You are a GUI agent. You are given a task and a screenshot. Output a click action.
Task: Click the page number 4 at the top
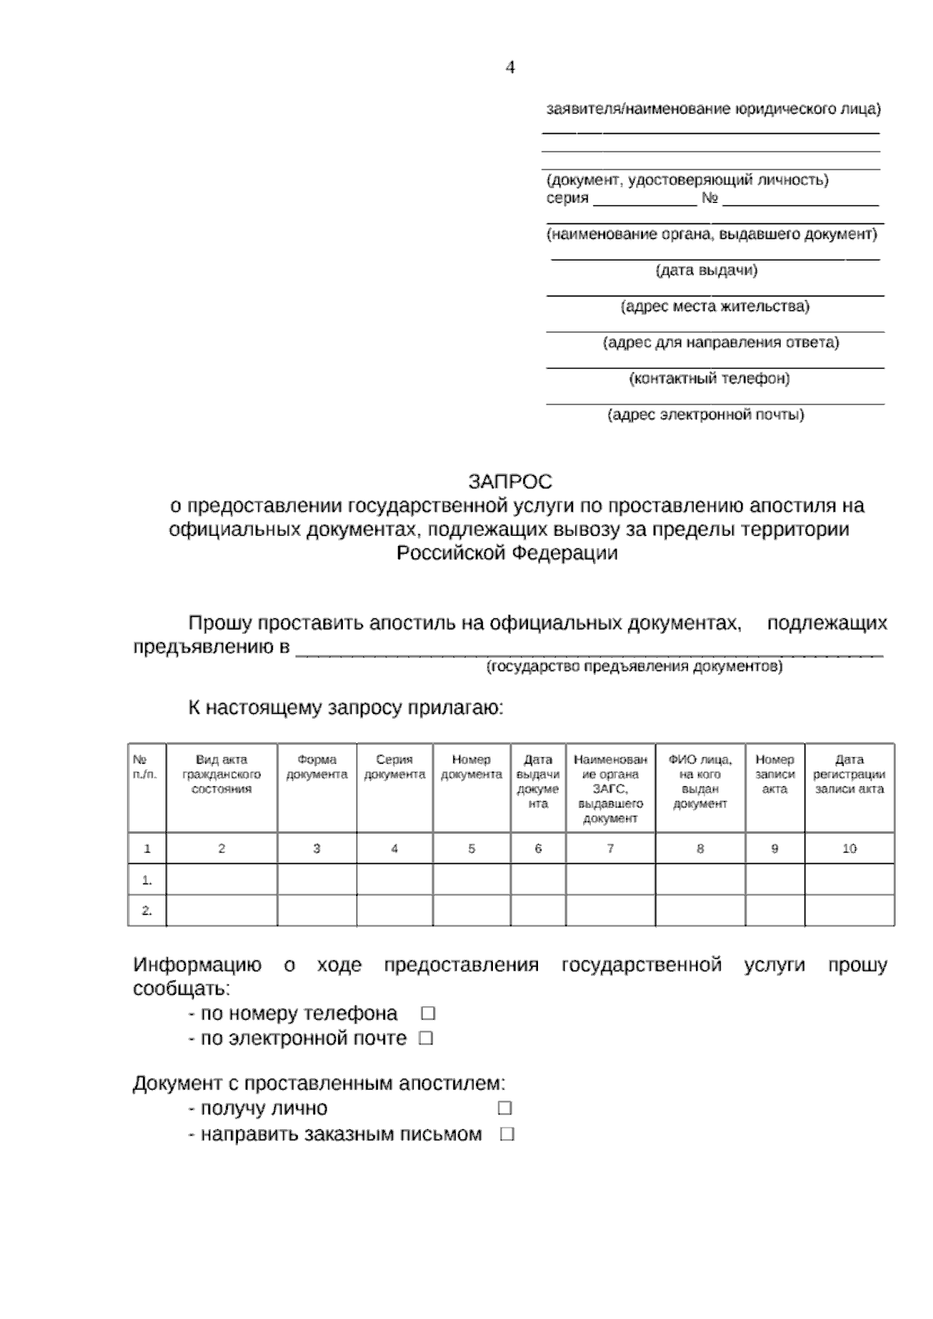[x=510, y=68]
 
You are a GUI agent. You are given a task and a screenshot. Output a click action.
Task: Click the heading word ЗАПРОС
[x=510, y=481]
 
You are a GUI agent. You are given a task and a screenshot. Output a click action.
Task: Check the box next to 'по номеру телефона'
[x=428, y=1013]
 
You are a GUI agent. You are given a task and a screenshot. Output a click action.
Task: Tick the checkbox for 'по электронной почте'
[x=425, y=1038]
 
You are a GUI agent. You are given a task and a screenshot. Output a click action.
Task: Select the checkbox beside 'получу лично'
[x=505, y=1107]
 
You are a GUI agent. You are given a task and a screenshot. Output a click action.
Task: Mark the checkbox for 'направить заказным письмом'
[x=507, y=1134]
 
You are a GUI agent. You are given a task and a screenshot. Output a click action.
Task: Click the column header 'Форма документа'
[x=316, y=767]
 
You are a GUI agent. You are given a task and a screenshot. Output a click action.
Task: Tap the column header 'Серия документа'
[x=394, y=767]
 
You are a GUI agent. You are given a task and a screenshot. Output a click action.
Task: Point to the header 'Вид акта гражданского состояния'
[x=222, y=774]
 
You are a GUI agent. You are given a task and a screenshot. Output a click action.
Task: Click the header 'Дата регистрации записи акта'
[x=849, y=774]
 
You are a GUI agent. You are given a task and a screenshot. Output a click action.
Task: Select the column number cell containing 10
[x=849, y=848]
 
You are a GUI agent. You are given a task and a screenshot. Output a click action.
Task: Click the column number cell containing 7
[x=610, y=848]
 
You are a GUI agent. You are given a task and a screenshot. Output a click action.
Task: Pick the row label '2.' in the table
[x=147, y=911]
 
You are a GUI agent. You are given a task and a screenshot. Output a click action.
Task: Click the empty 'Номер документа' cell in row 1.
[x=471, y=880]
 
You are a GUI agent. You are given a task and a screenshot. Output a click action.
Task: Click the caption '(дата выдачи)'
[x=707, y=271]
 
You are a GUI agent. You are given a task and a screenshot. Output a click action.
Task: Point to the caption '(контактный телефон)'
[x=709, y=379]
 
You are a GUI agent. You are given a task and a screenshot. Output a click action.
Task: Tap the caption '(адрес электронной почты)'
[x=706, y=415]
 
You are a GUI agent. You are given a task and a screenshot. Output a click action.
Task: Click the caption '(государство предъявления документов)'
[x=634, y=667]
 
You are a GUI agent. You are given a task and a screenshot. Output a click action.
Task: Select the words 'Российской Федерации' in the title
[x=508, y=553]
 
